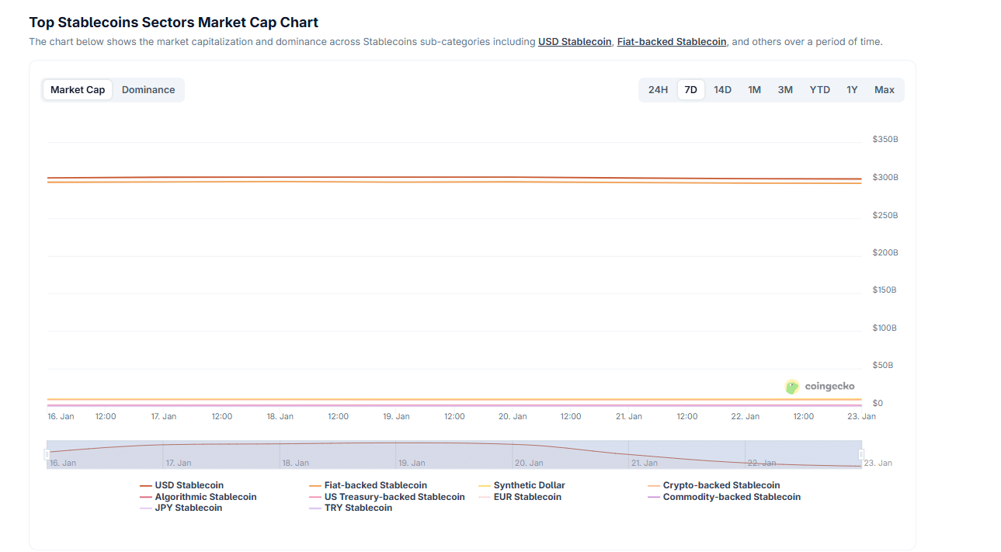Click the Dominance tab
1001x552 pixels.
[148, 90]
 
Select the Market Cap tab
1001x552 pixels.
[78, 90]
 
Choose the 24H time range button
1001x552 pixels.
[658, 90]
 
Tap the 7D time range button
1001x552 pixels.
[690, 90]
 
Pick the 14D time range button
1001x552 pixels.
[722, 90]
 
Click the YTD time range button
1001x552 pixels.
[819, 90]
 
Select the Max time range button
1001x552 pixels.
[884, 90]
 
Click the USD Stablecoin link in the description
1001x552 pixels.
[575, 42]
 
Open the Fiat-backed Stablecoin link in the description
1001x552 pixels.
[672, 42]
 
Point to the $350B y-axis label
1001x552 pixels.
[885, 140]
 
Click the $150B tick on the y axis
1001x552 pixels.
[885, 290]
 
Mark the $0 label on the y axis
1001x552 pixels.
[878, 403]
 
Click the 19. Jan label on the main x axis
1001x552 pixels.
[396, 417]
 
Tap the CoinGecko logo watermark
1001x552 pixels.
[820, 387]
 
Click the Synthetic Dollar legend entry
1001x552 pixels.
[529, 485]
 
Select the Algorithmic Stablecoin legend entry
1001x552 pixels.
[205, 497]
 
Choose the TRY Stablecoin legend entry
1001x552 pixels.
[358, 508]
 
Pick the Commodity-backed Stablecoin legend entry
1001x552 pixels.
[731, 497]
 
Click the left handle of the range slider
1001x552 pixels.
[47, 454]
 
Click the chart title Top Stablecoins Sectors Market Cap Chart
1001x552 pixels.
[174, 23]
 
